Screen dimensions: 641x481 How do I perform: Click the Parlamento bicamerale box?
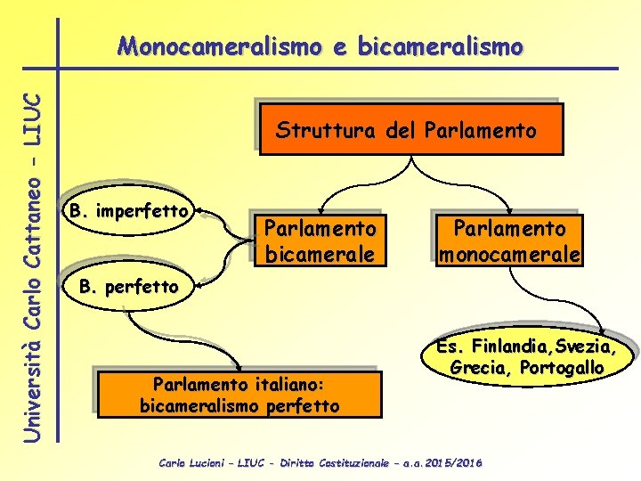320,240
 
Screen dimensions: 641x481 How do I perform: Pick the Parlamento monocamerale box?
509,240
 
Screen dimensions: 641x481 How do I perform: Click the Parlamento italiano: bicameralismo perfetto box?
239,395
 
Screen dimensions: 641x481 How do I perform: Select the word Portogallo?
564,367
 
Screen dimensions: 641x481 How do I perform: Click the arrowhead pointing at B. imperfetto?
199,212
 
